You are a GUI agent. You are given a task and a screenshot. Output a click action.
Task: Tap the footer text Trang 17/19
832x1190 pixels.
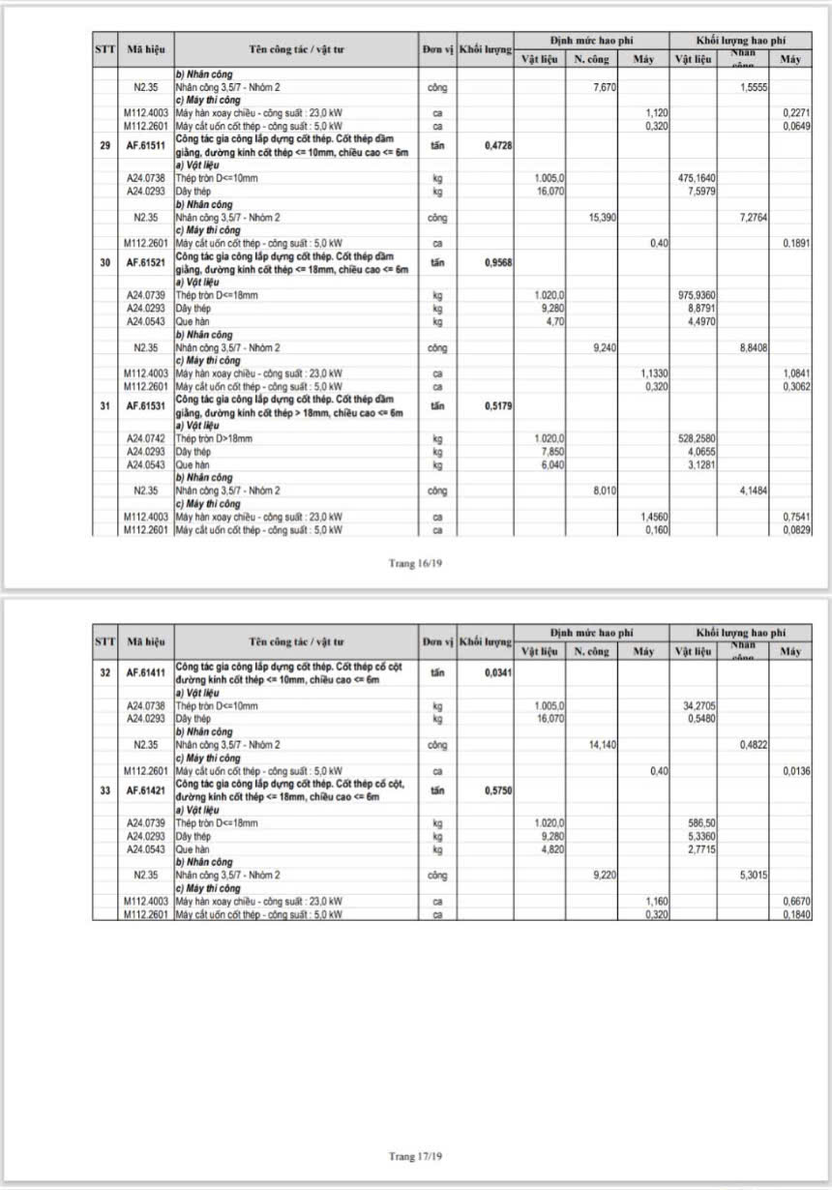coord(415,1156)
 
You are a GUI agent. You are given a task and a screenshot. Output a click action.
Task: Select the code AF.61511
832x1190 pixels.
coord(146,146)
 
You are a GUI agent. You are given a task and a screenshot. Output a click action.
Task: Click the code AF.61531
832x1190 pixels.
coord(146,406)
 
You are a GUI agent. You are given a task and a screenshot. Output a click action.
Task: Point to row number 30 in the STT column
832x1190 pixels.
coord(104,263)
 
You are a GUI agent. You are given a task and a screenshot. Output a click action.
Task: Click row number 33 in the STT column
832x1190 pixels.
coord(104,791)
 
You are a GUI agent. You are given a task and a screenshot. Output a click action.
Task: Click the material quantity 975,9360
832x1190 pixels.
coord(696,295)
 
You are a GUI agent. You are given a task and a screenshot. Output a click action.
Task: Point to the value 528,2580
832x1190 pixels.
coord(696,438)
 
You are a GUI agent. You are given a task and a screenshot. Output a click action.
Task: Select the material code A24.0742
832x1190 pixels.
coord(146,438)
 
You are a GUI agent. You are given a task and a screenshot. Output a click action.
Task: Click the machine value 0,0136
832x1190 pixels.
coord(797,771)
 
